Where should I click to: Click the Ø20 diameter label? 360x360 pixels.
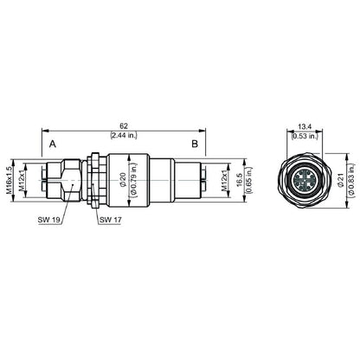pyautogui.click(x=124, y=180)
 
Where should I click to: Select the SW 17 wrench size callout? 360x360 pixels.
pyautogui.click(x=111, y=221)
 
